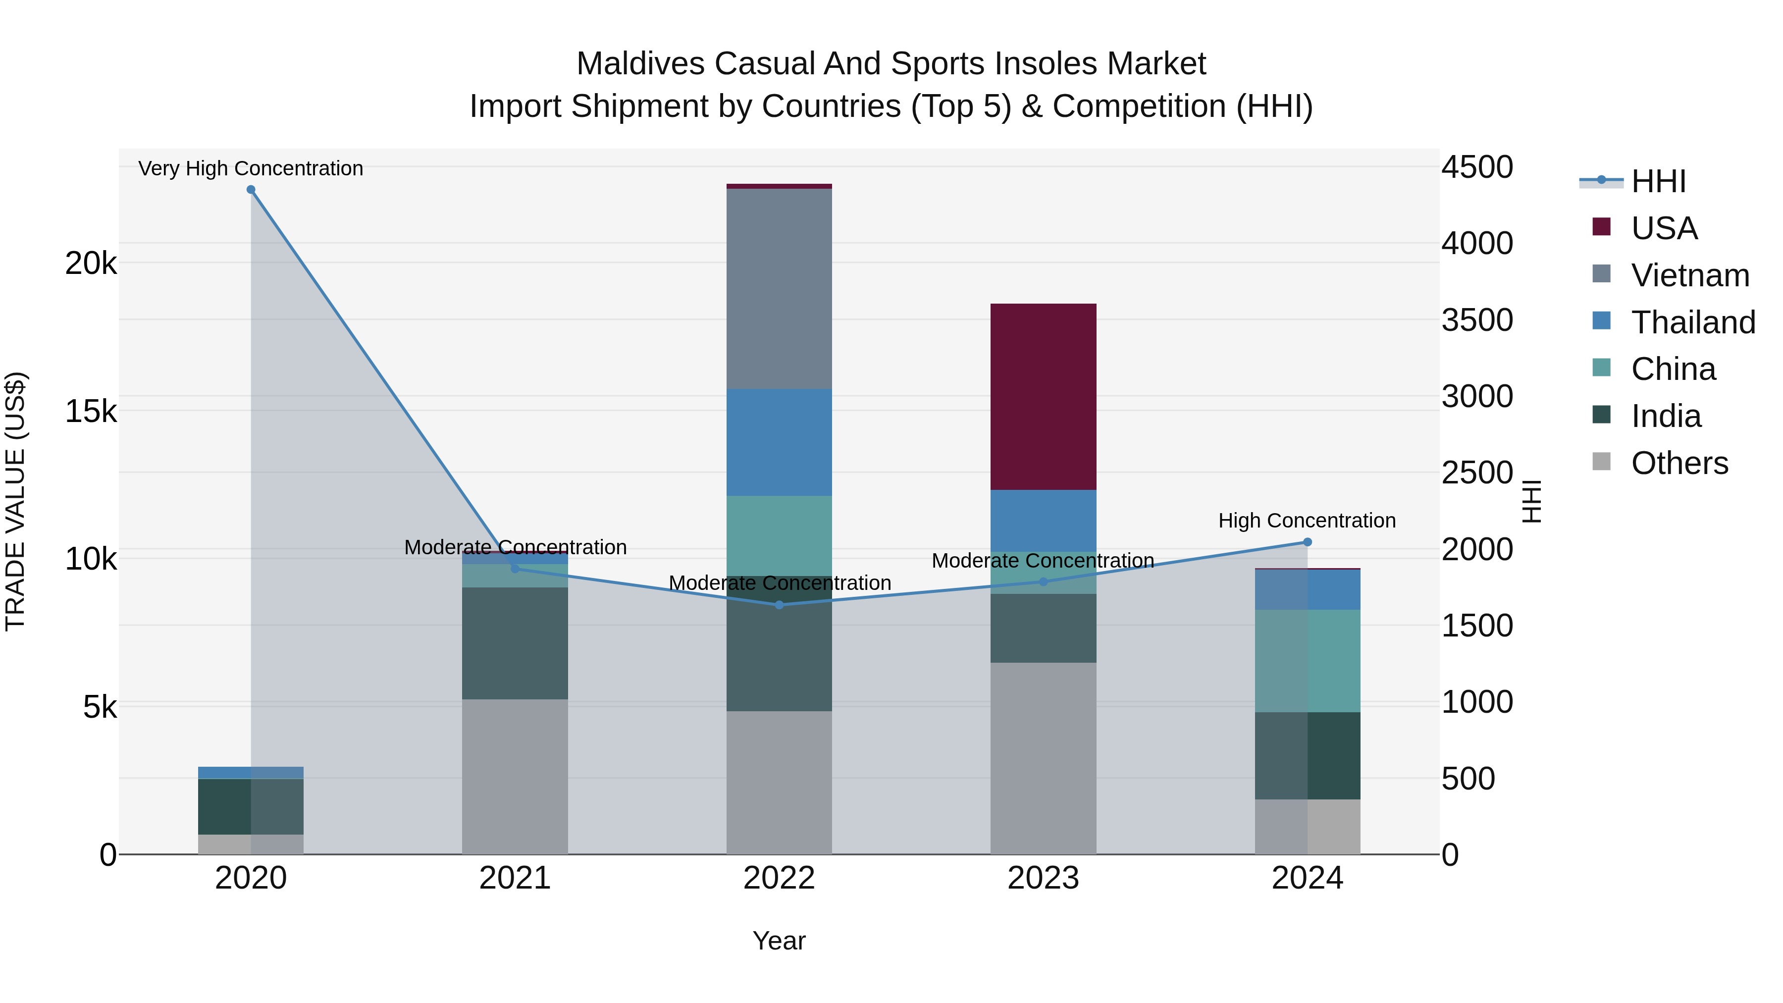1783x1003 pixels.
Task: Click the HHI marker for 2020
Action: pyautogui.click(x=251, y=190)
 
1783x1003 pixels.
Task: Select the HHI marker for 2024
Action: pyautogui.click(x=1307, y=542)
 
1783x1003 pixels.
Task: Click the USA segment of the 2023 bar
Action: pyautogui.click(x=1043, y=397)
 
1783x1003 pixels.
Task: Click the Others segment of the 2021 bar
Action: pyautogui.click(x=515, y=777)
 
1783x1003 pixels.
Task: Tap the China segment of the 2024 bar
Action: pyautogui.click(x=1307, y=661)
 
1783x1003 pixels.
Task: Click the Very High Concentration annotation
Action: pyautogui.click(x=251, y=169)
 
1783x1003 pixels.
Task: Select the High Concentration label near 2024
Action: pyautogui.click(x=1307, y=521)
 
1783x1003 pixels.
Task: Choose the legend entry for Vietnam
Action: pyautogui.click(x=1689, y=275)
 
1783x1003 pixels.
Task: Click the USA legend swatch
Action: pyautogui.click(x=1602, y=227)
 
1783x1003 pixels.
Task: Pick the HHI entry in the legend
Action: pyautogui.click(x=1658, y=181)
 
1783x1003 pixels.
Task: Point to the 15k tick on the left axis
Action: pyautogui.click(x=91, y=411)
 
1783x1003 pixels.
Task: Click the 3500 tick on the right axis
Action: pyautogui.click(x=1477, y=320)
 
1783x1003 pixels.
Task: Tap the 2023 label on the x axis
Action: pyautogui.click(x=1043, y=878)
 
